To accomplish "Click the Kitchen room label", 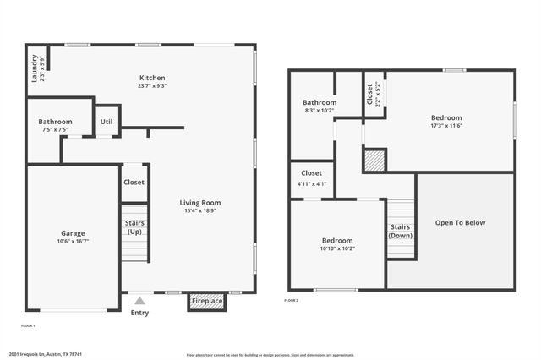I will (x=152, y=78).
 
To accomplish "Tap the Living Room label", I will (x=199, y=202).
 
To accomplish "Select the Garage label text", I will (x=73, y=233).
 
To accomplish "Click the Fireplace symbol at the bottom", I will (x=207, y=301).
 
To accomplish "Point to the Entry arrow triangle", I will (x=139, y=300).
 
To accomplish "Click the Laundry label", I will (x=35, y=68).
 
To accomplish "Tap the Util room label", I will (x=107, y=122).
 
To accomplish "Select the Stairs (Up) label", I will (x=134, y=228).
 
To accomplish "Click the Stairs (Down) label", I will (x=401, y=232).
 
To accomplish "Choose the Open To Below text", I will (x=460, y=223).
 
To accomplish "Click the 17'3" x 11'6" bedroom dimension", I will (x=446, y=125).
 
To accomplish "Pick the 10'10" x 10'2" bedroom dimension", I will (x=336, y=248).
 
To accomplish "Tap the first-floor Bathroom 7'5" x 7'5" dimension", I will (x=55, y=130).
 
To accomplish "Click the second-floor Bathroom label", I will (x=320, y=102).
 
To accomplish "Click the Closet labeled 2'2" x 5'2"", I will (x=369, y=94).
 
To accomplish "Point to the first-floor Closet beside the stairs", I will (x=134, y=182).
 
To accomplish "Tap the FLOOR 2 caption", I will (x=291, y=301).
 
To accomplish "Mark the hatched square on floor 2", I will (x=374, y=161).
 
